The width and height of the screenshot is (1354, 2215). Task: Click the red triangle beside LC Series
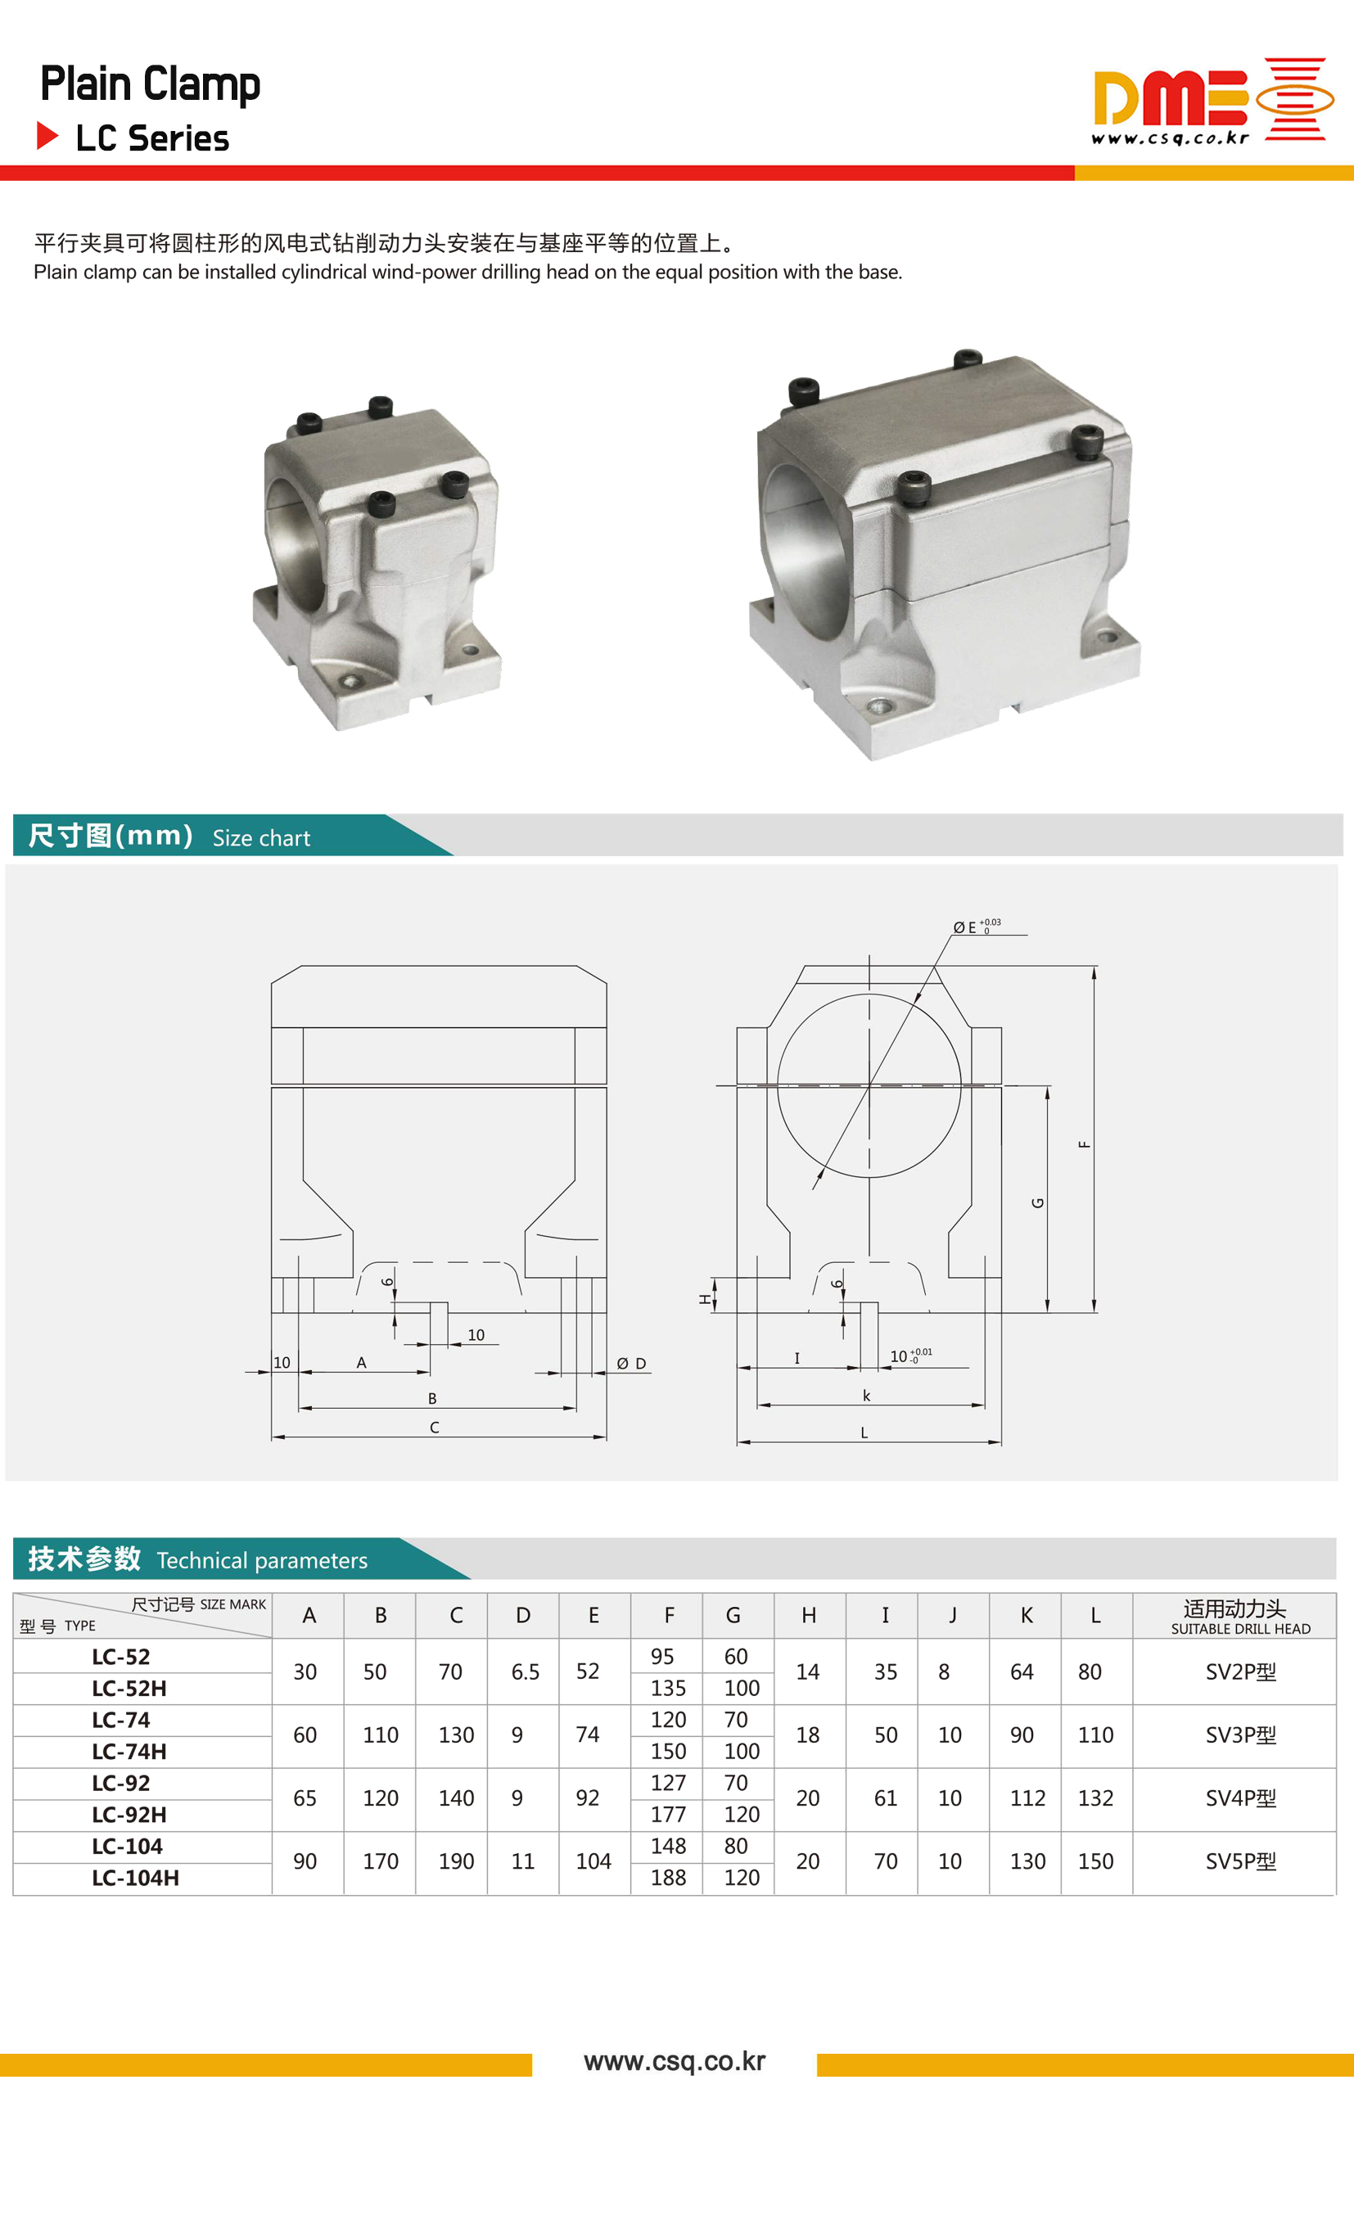(x=47, y=136)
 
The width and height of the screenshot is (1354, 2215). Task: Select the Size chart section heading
(x=260, y=838)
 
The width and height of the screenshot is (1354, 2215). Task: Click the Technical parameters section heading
(x=262, y=1559)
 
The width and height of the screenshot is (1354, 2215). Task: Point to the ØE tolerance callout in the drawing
(x=977, y=926)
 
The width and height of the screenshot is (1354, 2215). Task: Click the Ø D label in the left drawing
(x=631, y=1364)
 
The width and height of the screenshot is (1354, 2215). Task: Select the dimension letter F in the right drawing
(x=1085, y=1144)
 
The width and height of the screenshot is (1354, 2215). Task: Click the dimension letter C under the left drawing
(x=434, y=1428)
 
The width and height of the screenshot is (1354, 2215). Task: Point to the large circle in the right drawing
(x=869, y=1085)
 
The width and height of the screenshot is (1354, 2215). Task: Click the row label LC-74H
(x=129, y=1751)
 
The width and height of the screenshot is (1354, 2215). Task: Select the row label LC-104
(x=127, y=1847)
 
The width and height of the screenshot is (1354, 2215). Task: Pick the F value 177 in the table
(x=668, y=1814)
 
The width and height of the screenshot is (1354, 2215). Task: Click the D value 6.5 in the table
(x=525, y=1672)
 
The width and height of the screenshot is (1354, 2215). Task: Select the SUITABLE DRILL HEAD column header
(x=1240, y=1629)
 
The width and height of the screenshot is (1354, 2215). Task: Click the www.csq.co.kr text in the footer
(x=675, y=2061)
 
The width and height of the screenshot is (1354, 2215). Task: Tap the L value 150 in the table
(x=1095, y=1861)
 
